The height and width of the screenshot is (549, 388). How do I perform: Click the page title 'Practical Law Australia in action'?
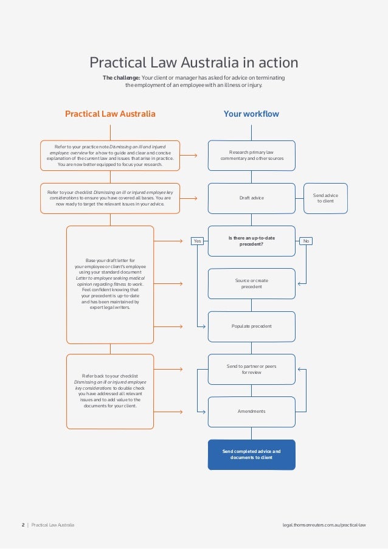(x=194, y=63)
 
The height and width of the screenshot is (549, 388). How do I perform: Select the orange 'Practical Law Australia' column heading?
(x=110, y=114)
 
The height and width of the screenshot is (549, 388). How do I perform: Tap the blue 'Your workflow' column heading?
(x=251, y=114)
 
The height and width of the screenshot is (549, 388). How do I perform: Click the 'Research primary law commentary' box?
(x=252, y=155)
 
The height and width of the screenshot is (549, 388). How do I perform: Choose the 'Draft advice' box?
(x=252, y=198)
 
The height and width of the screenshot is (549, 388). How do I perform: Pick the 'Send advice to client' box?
(x=325, y=198)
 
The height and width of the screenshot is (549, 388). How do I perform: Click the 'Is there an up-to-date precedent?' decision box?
(x=252, y=241)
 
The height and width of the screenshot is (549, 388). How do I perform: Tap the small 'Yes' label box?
(x=197, y=241)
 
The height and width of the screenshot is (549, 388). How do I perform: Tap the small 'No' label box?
(x=306, y=241)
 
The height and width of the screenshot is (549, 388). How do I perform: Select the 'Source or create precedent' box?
(x=252, y=283)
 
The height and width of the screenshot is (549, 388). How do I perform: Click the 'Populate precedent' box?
(x=252, y=326)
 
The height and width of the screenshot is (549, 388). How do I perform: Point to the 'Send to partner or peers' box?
(x=252, y=369)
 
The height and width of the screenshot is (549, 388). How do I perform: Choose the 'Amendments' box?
(x=252, y=412)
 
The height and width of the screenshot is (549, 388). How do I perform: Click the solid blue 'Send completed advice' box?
(x=252, y=455)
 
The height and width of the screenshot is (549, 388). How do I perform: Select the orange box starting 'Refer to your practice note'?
(x=110, y=155)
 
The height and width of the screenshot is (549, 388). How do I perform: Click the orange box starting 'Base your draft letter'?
(x=110, y=283)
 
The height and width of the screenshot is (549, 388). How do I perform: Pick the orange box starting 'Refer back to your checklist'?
(x=110, y=391)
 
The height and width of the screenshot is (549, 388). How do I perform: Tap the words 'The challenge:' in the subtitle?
(x=121, y=78)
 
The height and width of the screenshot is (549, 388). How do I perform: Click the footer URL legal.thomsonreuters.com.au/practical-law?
(x=324, y=524)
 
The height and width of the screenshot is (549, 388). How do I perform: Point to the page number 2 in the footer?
(x=23, y=524)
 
